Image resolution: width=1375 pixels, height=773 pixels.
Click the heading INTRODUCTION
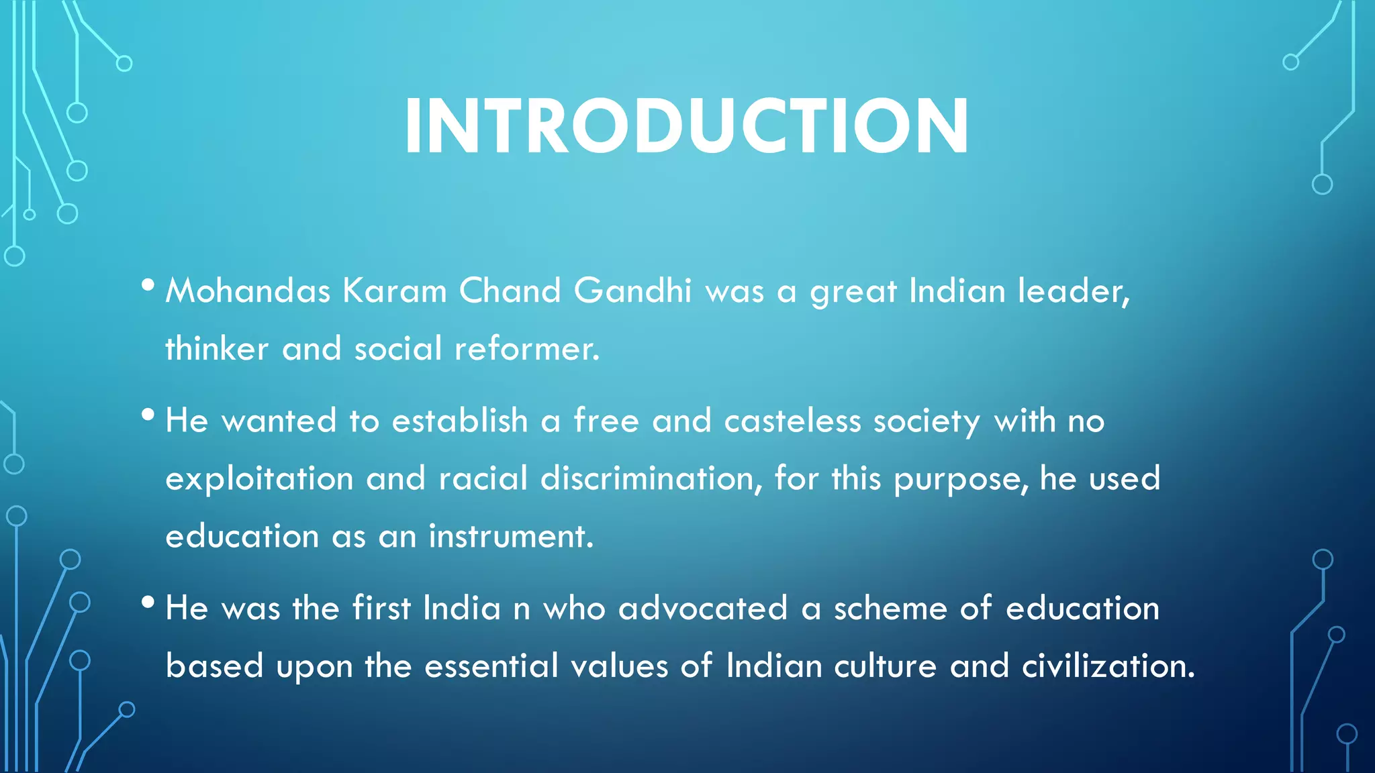686,126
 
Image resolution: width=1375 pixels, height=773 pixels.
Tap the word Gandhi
632,291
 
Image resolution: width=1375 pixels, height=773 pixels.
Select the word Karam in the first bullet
395,291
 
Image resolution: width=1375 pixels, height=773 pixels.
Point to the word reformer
526,349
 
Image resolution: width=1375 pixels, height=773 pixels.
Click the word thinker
217,349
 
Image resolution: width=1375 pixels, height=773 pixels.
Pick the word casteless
792,421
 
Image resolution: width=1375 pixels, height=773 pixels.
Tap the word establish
460,421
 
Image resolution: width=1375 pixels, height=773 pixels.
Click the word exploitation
259,479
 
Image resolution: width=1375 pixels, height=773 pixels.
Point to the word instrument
511,537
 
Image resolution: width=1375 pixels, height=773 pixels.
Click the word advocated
702,609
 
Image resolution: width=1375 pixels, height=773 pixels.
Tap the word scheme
890,609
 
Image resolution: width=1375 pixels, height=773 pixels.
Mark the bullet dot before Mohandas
148,286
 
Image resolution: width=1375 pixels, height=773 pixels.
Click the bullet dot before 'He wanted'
148,415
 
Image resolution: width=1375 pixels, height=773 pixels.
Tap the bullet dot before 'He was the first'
148,603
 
